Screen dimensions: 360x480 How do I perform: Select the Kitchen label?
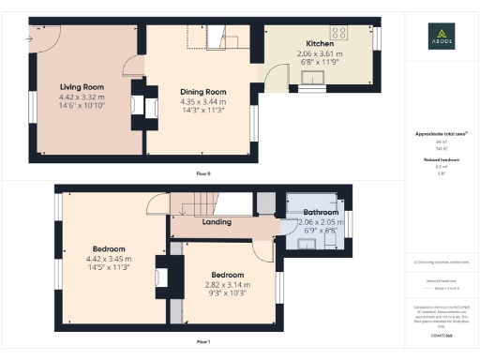click(320, 44)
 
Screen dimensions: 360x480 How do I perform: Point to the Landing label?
click(217, 222)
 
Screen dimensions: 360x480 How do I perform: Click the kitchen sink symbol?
click(311, 91)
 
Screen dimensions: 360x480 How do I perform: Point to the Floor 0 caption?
click(203, 174)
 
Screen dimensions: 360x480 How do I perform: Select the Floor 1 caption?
click(203, 341)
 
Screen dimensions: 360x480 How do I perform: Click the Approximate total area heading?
click(441, 134)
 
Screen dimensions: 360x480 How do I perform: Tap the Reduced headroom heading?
click(441, 160)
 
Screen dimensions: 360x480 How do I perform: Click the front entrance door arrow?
click(35, 39)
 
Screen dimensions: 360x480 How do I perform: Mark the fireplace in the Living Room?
click(135, 105)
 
